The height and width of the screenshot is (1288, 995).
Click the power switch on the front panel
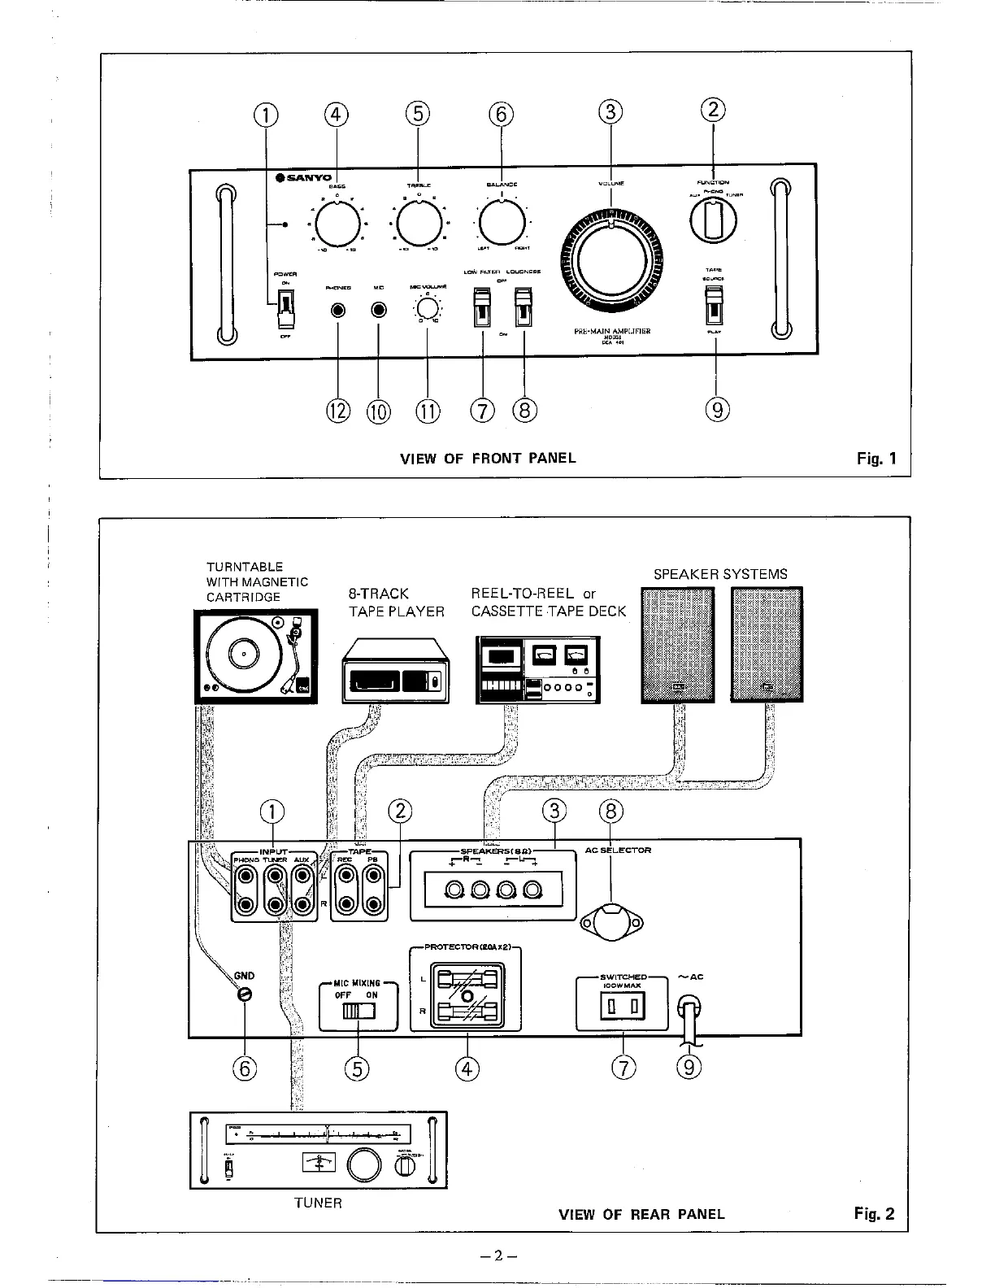[x=285, y=307]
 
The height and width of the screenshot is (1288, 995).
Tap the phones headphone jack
[x=337, y=311]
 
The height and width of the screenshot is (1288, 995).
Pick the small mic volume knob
[x=427, y=310]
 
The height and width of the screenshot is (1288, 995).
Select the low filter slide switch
[x=483, y=307]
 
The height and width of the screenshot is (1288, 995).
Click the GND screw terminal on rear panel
[x=244, y=994]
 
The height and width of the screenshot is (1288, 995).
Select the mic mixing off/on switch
[x=358, y=1011]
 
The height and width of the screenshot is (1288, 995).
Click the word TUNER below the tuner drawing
[x=318, y=1203]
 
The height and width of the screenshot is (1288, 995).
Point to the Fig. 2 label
[x=874, y=1214]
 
